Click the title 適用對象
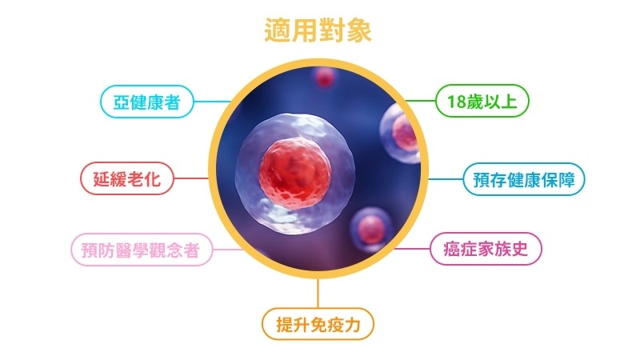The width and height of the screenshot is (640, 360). [318, 30]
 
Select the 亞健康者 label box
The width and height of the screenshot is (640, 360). [147, 102]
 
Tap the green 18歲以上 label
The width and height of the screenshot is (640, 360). [482, 101]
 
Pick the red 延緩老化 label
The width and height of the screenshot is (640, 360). [127, 178]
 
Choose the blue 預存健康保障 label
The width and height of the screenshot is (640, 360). [524, 179]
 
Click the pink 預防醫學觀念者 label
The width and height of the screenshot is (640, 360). [142, 250]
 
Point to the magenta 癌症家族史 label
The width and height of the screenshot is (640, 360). [486, 249]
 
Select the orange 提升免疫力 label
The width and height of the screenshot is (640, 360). [318, 324]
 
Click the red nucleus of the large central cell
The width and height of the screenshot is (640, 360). [294, 173]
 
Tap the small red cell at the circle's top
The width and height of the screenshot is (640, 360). [325, 76]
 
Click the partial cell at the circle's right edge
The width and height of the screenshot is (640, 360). [401, 134]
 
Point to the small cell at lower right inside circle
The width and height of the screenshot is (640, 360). [370, 229]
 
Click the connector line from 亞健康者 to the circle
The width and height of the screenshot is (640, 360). [212, 102]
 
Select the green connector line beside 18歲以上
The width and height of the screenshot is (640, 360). [421, 101]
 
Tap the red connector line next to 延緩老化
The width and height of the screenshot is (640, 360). [191, 178]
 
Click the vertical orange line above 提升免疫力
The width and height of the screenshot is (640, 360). [318, 294]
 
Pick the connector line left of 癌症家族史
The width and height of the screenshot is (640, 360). [412, 249]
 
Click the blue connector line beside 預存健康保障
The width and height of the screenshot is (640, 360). [446, 178]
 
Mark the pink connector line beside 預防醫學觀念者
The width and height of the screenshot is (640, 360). [228, 250]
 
